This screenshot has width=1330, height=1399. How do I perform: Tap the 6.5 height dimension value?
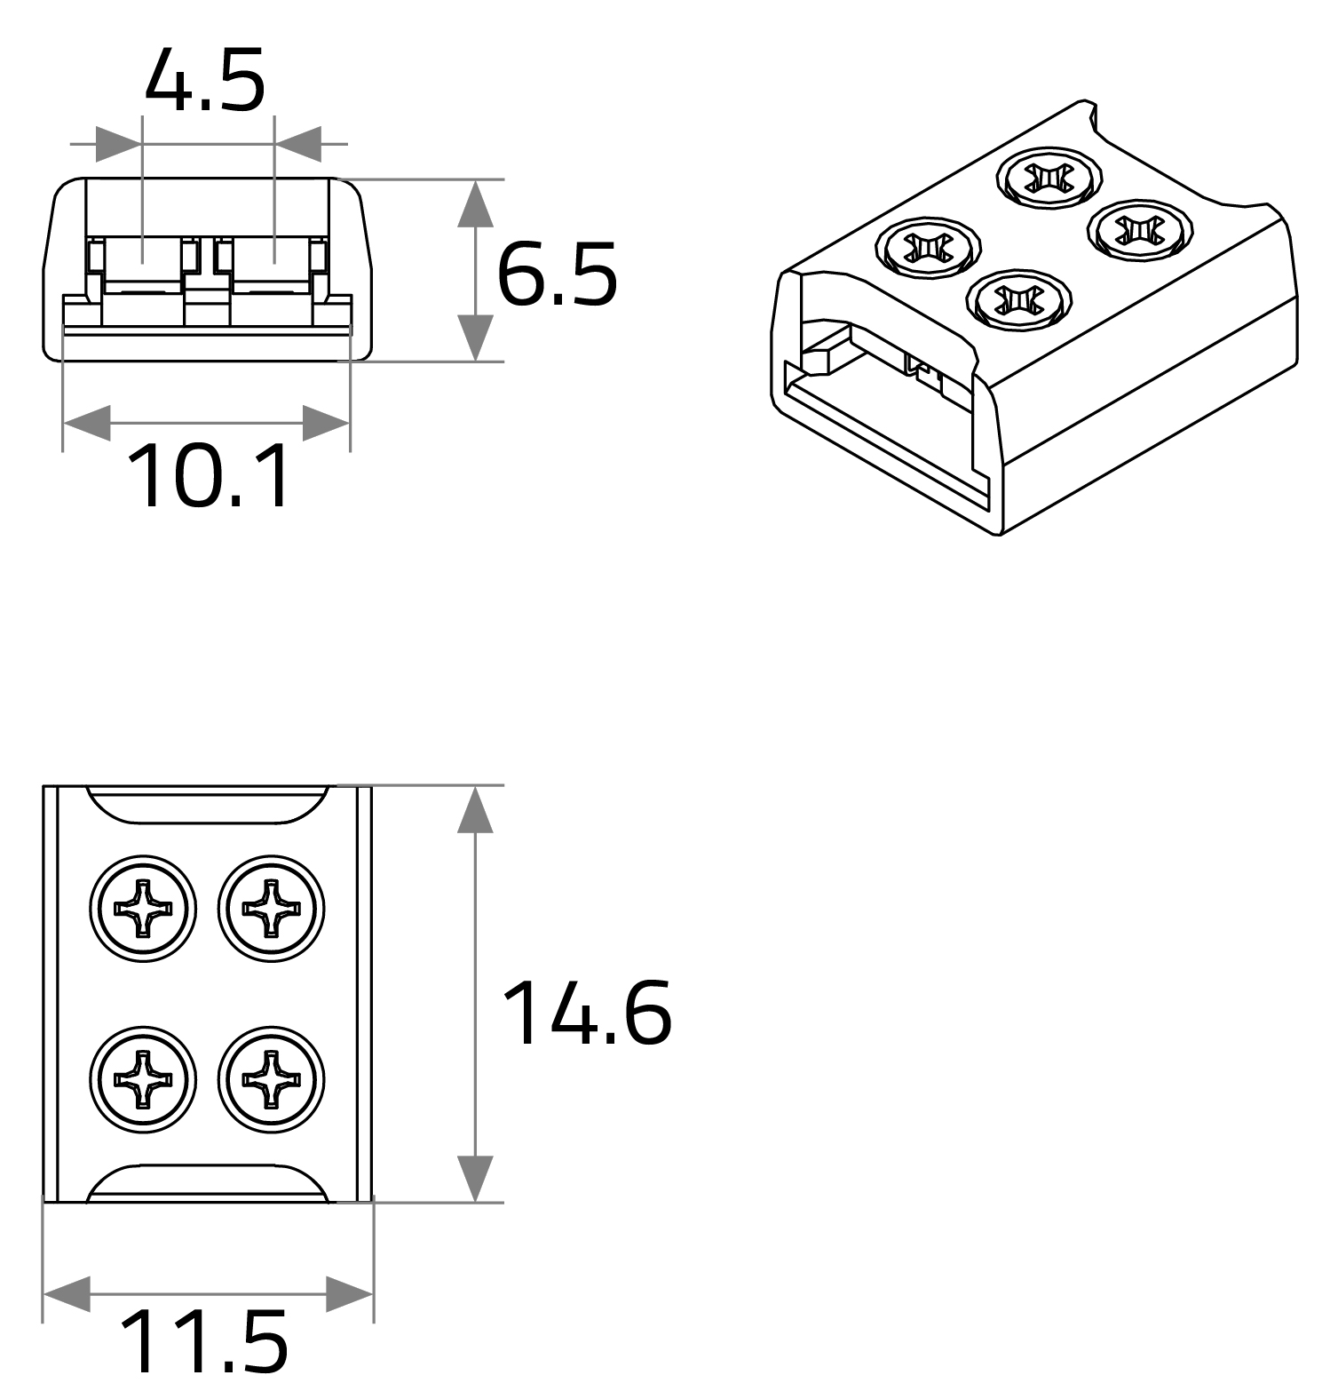click(x=557, y=274)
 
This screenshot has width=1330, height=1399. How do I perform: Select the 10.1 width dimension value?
click(x=210, y=477)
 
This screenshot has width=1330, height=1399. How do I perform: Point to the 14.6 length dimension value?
click(x=587, y=1012)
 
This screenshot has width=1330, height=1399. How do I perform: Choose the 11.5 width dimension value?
click(x=203, y=1341)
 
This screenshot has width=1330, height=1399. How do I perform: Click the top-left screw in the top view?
click(x=143, y=908)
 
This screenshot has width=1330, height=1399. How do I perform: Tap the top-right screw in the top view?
click(x=272, y=908)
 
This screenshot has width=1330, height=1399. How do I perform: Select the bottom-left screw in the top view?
click(x=143, y=1079)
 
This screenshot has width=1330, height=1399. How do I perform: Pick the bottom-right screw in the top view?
click(x=272, y=1079)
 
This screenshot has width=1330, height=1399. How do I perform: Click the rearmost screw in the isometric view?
click(x=1049, y=178)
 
